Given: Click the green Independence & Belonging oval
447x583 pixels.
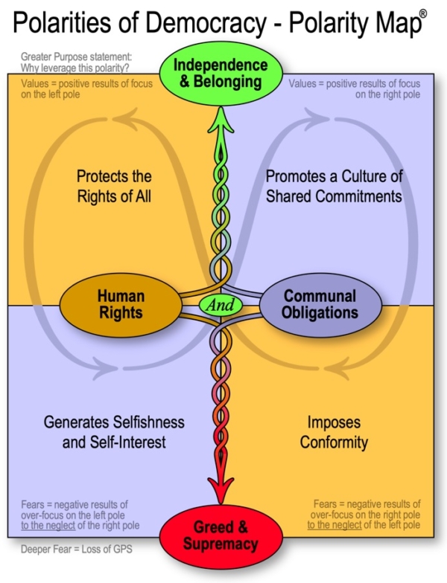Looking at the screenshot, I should (221, 73).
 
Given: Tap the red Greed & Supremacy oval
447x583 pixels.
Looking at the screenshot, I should (222, 537).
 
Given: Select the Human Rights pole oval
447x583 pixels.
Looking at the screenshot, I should (120, 304).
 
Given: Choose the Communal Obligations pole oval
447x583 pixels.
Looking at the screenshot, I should (319, 304).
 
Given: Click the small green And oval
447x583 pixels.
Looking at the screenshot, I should (221, 304).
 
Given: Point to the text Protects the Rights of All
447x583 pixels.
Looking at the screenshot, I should (114, 187).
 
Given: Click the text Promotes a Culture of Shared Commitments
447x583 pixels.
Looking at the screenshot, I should (333, 187).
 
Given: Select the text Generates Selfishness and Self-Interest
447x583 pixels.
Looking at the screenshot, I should (114, 432).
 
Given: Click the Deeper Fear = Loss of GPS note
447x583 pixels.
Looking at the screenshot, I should (69, 550).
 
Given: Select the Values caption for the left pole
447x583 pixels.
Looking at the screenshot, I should (87, 89).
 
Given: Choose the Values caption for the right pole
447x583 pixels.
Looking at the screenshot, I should (355, 89).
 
